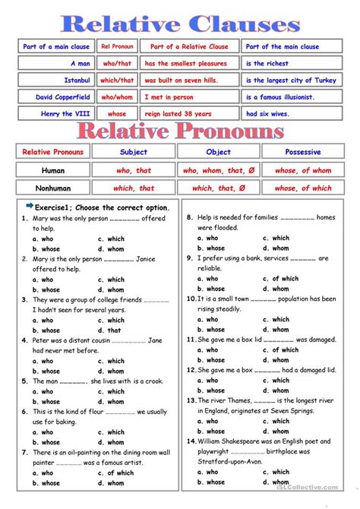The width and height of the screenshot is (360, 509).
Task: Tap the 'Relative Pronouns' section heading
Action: tap(180, 131)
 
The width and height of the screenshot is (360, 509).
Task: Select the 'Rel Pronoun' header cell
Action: tap(118, 47)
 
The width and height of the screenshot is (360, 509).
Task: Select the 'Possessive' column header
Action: tap(302, 152)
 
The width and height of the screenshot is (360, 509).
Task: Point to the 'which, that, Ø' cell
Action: tap(219, 188)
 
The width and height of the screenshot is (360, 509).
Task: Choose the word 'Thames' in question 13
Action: tap(235, 400)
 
